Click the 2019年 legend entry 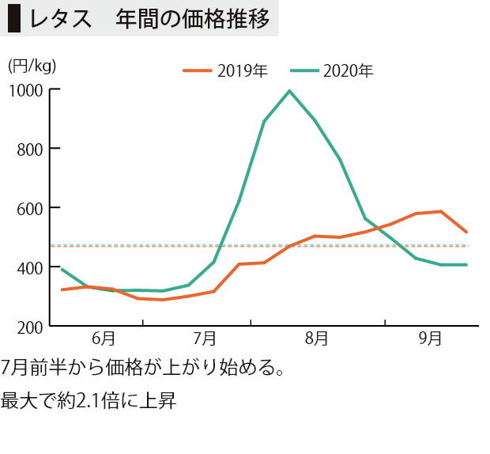(225, 71)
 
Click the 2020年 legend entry (332, 71)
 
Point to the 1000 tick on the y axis (26, 91)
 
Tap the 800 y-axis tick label (30, 149)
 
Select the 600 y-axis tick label (30, 209)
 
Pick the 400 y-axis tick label (30, 268)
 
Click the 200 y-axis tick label (30, 328)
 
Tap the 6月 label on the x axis (104, 339)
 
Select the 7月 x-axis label (205, 339)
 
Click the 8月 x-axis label (317, 339)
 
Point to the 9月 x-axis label (430, 339)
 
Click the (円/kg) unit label (32, 66)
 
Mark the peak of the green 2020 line (290, 91)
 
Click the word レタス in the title (61, 19)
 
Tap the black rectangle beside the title (14, 19)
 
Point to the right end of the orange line (466, 232)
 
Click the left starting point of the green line (62, 269)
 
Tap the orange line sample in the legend (198, 71)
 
